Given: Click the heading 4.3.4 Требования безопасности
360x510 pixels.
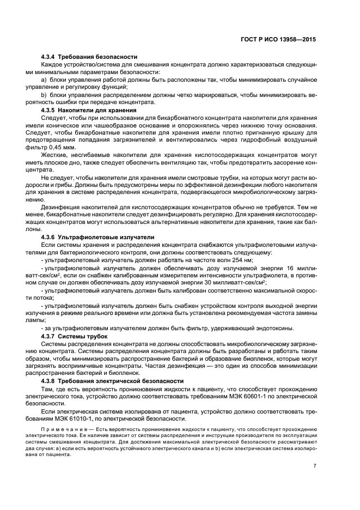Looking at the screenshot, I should point(89,57).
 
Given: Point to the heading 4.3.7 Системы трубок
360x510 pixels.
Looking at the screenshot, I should point(75,337).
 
